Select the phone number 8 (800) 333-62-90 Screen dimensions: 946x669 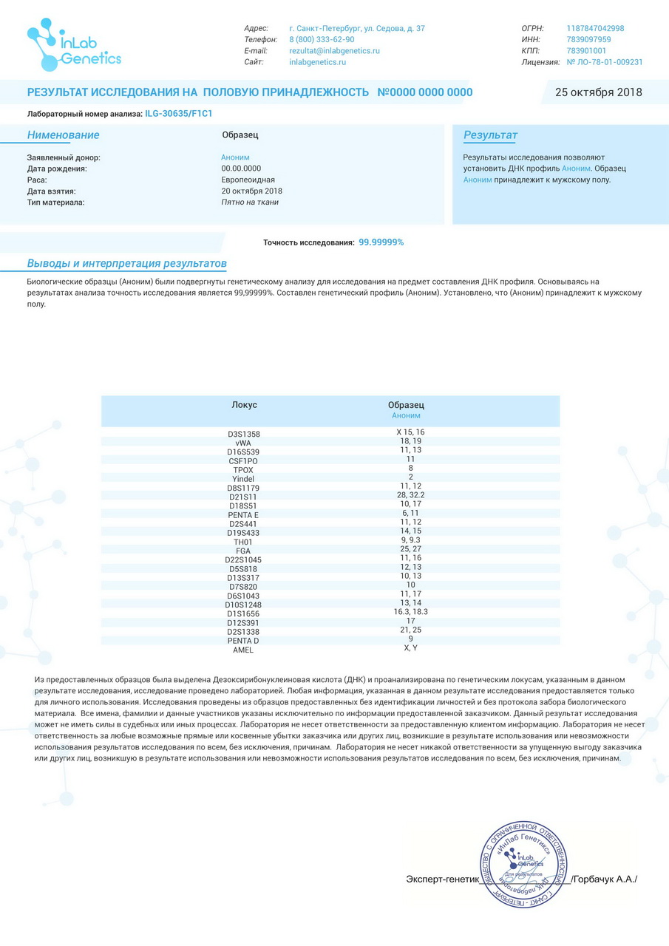tap(322, 40)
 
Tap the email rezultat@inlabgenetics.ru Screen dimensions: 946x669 tap(334, 51)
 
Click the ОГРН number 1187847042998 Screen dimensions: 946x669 tap(595, 29)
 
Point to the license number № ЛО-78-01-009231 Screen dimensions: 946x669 tap(604, 62)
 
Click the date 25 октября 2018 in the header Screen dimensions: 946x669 tap(598, 92)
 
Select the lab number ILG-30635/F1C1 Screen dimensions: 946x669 tap(179, 114)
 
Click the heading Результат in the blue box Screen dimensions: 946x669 tap(490, 135)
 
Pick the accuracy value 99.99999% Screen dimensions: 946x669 tap(381, 242)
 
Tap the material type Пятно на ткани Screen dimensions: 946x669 tap(250, 202)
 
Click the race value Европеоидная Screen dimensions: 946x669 tap(248, 180)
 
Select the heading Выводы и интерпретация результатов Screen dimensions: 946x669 tap(126, 264)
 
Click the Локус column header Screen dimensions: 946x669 tap(244, 405)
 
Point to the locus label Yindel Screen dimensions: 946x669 tap(243, 478)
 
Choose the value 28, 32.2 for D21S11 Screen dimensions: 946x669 tap(410, 494)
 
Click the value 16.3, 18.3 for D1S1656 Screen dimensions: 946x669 tap(410, 612)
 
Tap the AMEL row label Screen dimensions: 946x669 tap(243, 650)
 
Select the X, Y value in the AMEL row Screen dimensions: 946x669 tap(410, 647)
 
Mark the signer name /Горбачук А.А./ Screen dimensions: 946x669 tap(604, 879)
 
